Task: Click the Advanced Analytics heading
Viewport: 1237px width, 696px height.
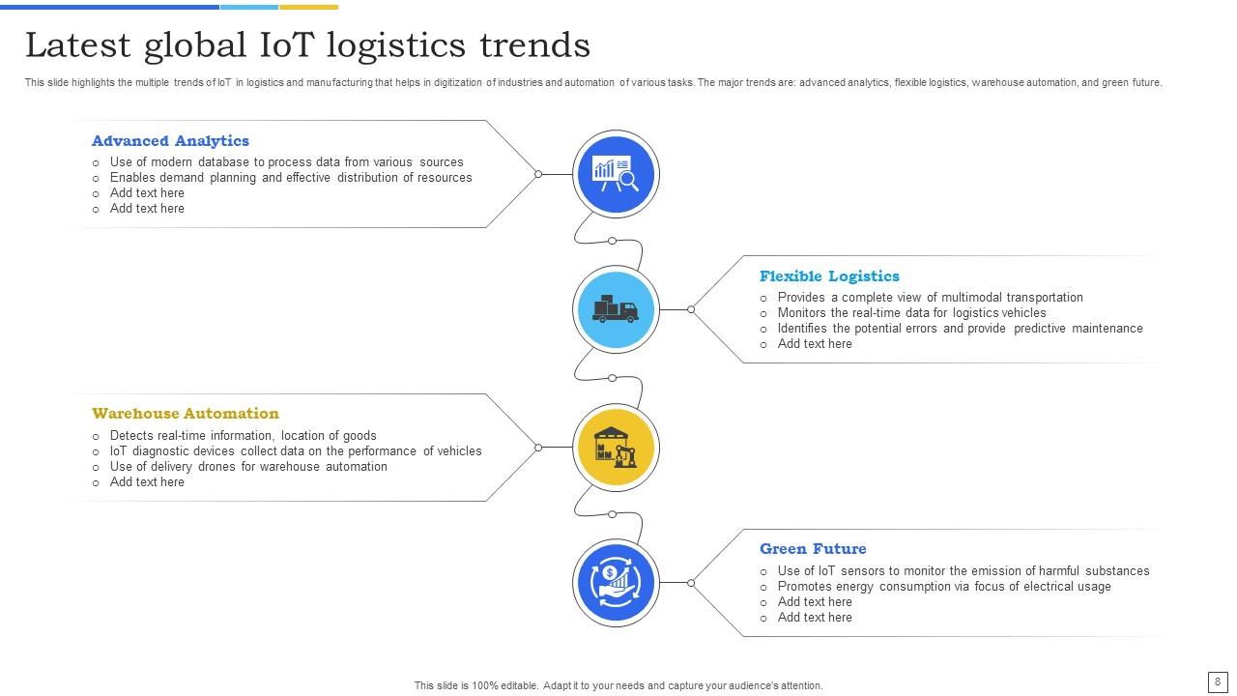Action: click(x=170, y=141)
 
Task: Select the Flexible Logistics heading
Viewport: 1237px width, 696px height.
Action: click(x=829, y=276)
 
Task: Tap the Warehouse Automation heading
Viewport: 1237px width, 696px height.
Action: click(x=186, y=414)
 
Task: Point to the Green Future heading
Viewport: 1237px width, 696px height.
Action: click(x=813, y=549)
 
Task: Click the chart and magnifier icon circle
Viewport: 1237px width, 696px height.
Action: click(x=616, y=174)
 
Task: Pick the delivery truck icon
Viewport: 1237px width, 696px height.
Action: click(x=616, y=309)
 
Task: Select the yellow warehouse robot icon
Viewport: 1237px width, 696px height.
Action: click(x=616, y=447)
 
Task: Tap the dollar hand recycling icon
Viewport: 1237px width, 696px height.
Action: click(x=616, y=583)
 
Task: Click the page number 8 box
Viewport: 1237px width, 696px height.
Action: click(x=1217, y=681)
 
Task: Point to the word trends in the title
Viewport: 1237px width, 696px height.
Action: click(x=534, y=45)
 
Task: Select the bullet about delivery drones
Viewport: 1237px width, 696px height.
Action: click(x=248, y=467)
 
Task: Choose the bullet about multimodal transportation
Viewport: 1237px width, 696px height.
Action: click(x=930, y=298)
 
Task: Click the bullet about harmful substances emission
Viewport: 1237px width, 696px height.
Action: click(x=964, y=571)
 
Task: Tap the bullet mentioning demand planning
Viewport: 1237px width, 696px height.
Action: click(x=291, y=178)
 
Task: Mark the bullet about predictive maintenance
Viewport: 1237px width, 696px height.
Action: click(x=960, y=329)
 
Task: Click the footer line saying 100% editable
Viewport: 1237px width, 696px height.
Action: click(x=618, y=685)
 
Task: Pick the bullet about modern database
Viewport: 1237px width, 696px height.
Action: click(x=286, y=162)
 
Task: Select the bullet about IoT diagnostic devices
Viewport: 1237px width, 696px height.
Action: click(x=296, y=451)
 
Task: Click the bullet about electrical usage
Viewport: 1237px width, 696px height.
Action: click(x=944, y=587)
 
